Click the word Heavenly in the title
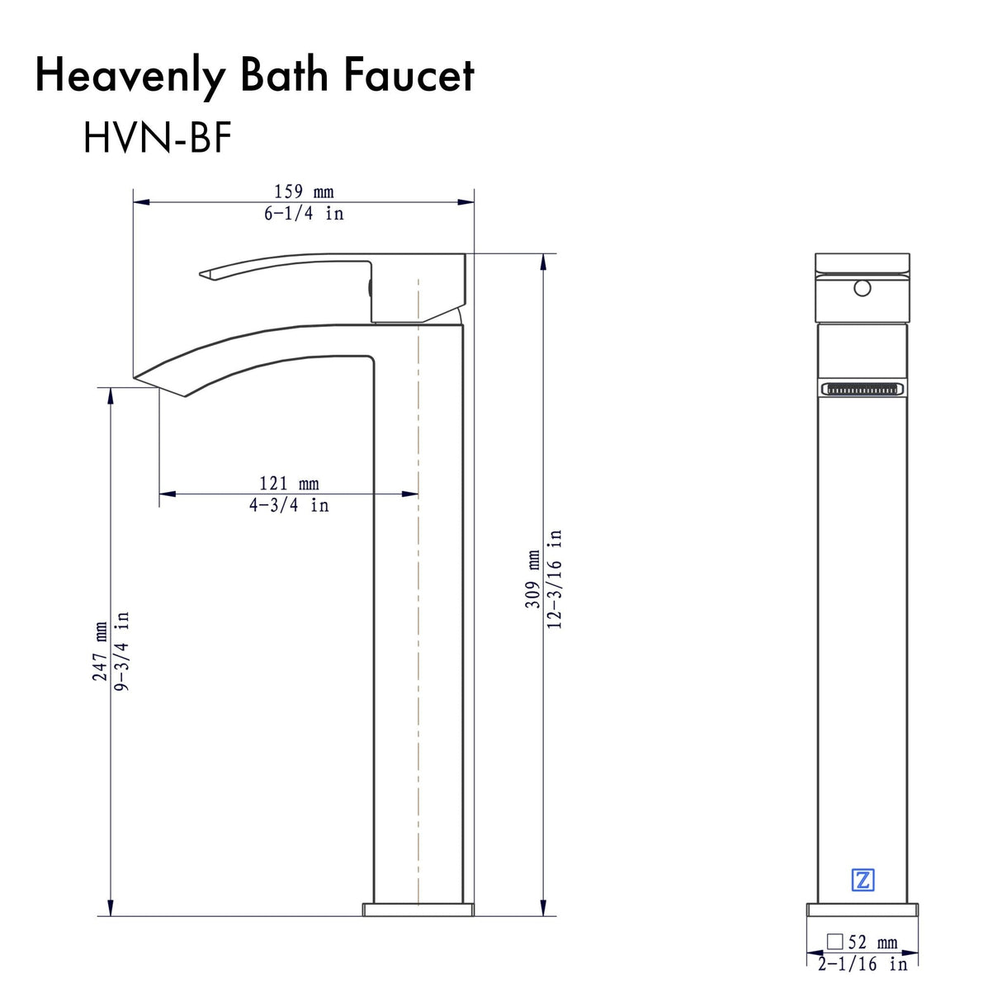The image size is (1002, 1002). coord(129,76)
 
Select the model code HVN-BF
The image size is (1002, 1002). coord(156,137)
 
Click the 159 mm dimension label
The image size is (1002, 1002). coord(304,192)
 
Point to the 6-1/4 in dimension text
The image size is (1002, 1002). coord(304,213)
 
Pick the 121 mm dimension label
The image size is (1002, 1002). coord(289,484)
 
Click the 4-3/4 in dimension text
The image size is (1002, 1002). coord(289,504)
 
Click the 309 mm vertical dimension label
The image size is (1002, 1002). coord(533,579)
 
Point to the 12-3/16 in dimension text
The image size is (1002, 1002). coord(555,579)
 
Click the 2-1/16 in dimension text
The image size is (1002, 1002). coord(863,963)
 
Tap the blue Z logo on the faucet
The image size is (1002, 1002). coord(863,880)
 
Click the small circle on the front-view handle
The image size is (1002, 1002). coord(863,289)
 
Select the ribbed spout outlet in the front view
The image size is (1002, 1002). coord(863,389)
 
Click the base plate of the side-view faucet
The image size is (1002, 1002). coord(418,909)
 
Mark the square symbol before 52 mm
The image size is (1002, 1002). coord(835,942)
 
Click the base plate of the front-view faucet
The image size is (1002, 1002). coord(863,910)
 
